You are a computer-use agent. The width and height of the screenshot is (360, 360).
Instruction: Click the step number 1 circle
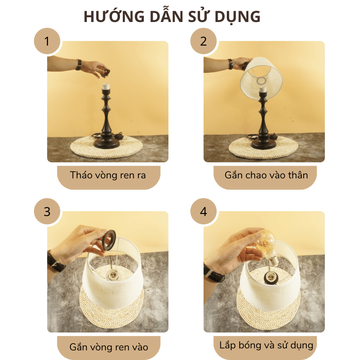[47, 41]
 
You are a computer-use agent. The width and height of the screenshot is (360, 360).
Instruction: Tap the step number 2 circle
[204, 41]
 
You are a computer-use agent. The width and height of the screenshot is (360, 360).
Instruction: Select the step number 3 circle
[47, 211]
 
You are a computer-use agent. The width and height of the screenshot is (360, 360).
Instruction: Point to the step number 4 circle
[204, 211]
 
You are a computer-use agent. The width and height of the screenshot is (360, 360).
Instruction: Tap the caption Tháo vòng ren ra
[108, 175]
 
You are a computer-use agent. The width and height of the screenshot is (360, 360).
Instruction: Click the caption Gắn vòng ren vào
[108, 346]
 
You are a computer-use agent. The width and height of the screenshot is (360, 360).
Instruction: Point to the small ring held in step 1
[106, 72]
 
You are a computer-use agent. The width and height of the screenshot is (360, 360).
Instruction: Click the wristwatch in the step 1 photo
[79, 65]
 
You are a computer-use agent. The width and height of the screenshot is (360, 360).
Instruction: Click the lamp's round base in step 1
[106, 142]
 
